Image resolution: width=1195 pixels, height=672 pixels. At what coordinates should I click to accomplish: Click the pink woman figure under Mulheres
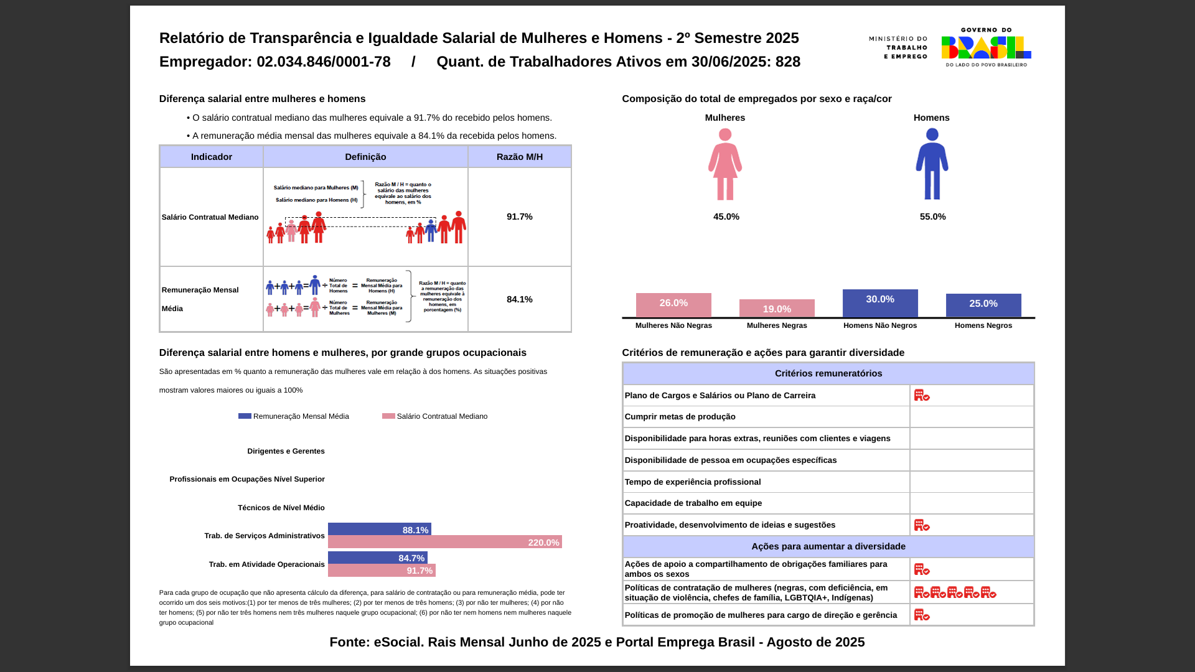(725, 164)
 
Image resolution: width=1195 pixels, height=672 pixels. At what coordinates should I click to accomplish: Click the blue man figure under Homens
(932, 164)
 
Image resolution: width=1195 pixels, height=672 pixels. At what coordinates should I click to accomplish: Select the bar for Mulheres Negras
(777, 309)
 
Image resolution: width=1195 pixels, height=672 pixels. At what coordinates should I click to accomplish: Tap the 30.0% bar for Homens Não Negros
(880, 303)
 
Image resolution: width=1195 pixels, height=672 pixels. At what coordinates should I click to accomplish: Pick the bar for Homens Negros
(983, 305)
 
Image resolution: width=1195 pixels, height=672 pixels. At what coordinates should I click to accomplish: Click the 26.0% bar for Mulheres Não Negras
(673, 305)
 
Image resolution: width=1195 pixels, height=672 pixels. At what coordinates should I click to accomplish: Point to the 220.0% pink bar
(444, 542)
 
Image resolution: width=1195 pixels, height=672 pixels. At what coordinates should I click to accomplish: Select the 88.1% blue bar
(379, 530)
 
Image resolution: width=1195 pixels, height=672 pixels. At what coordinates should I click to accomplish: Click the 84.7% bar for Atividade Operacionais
(377, 558)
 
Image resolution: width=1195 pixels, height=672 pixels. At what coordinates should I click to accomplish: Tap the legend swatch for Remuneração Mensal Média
(245, 416)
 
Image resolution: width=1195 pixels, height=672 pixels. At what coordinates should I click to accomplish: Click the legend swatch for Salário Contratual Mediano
(388, 416)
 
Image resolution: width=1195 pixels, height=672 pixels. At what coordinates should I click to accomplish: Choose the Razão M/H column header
(520, 157)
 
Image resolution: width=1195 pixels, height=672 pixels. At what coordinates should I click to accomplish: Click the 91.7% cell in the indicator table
(520, 217)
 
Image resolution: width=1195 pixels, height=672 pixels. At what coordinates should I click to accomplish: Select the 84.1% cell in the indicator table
(520, 299)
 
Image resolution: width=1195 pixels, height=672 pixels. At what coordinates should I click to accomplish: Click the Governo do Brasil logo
(986, 47)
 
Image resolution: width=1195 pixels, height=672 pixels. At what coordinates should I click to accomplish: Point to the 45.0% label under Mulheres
(726, 217)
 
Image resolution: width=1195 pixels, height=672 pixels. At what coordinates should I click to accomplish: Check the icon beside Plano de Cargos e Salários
(922, 395)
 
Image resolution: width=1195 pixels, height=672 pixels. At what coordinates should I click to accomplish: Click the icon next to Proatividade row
(922, 525)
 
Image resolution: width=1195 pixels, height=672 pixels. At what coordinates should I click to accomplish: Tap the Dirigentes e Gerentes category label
(286, 451)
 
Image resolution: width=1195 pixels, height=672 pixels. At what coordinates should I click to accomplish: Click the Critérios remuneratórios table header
(828, 373)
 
